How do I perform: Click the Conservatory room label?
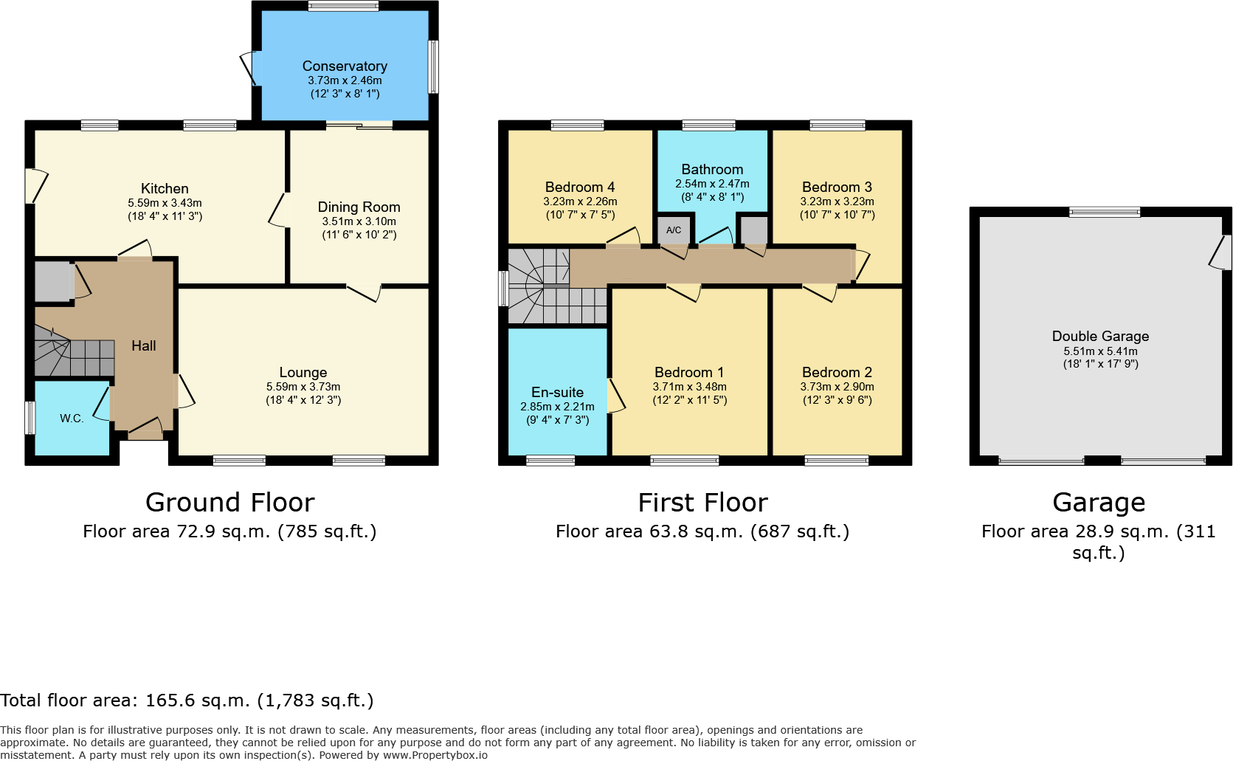(x=345, y=66)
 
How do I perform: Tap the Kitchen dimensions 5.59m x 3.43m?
(x=165, y=203)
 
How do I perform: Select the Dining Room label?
(x=359, y=207)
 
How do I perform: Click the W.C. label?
(x=72, y=419)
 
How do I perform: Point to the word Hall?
(x=143, y=346)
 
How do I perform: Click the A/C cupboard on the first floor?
(x=674, y=230)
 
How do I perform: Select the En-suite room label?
(x=557, y=393)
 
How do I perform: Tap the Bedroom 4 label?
(x=580, y=187)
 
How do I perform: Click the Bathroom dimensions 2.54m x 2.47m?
(x=712, y=184)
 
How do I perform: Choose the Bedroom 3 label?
(x=837, y=187)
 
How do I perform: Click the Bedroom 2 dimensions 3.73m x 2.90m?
(x=837, y=387)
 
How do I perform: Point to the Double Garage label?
(x=1100, y=337)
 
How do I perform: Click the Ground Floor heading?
(x=229, y=503)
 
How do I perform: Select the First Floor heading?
(x=702, y=503)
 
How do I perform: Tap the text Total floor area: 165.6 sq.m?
(x=187, y=700)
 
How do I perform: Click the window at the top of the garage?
(x=1105, y=213)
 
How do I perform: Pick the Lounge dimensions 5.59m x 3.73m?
(x=303, y=387)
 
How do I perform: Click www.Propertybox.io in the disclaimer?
(x=435, y=755)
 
